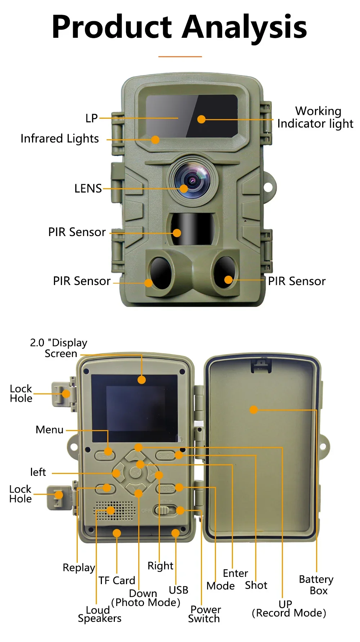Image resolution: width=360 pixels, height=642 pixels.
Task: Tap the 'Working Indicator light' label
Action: (x=315, y=117)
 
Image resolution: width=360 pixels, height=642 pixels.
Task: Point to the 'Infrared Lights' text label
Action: (x=60, y=139)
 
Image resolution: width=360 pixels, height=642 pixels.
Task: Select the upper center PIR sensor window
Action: (x=192, y=229)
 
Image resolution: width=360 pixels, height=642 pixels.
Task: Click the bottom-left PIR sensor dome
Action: (x=161, y=272)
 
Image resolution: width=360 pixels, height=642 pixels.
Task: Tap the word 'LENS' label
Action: (x=88, y=189)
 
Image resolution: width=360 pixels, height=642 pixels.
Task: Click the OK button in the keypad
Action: (x=136, y=472)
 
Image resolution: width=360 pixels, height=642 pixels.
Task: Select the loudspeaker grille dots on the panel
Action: (x=115, y=511)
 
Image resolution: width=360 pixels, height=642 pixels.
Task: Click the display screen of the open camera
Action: (x=135, y=408)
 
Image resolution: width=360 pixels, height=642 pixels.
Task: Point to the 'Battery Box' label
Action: (x=316, y=585)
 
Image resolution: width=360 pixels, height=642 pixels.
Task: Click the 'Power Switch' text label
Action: (x=205, y=614)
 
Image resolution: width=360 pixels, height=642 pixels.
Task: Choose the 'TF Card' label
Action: (x=117, y=580)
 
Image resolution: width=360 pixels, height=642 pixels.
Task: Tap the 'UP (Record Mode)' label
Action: (x=289, y=609)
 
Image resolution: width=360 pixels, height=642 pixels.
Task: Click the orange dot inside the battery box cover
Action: (x=254, y=410)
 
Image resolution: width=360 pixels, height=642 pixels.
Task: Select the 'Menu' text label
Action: (x=50, y=430)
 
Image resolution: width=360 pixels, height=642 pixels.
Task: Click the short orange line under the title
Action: (x=180, y=56)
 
